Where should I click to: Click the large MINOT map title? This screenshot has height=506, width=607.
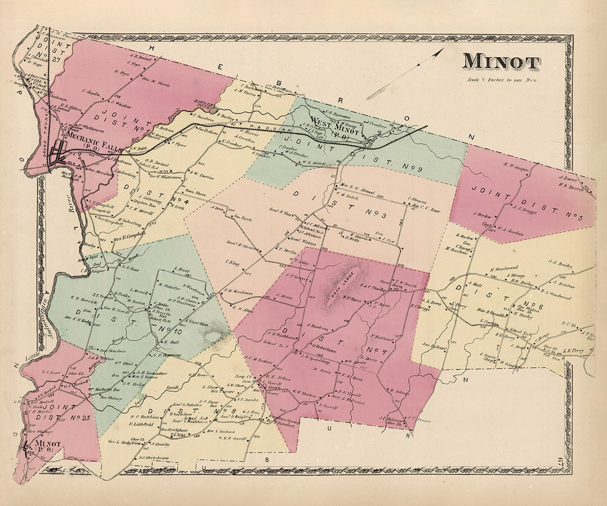click(x=501, y=61)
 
